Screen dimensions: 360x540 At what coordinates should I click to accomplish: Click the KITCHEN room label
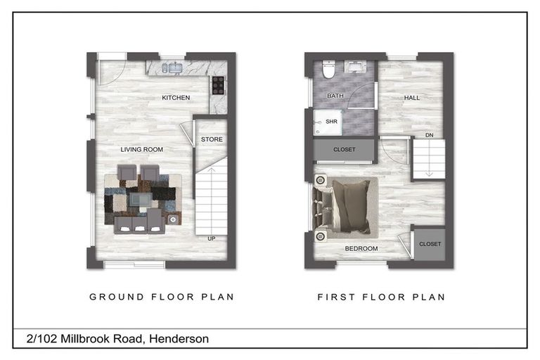click(x=176, y=98)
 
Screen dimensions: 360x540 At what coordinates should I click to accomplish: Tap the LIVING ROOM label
click(x=141, y=149)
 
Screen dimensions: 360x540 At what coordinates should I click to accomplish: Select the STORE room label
click(x=212, y=139)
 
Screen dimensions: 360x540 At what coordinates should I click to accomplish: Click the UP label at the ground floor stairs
click(x=211, y=238)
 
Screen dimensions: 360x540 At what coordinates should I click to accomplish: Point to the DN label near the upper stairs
click(x=429, y=136)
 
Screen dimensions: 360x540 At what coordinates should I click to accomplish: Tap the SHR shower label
click(x=332, y=122)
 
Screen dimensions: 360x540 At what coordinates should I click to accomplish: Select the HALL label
click(x=412, y=98)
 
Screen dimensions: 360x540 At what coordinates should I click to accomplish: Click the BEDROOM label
click(x=361, y=249)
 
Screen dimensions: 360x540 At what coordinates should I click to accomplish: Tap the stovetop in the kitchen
click(x=218, y=85)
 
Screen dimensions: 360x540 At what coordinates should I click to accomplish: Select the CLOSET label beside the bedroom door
click(x=430, y=244)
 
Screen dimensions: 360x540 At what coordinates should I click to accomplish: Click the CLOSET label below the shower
click(x=344, y=150)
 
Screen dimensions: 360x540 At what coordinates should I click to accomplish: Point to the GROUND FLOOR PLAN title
click(x=162, y=297)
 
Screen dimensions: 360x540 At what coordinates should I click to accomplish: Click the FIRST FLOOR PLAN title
click(x=381, y=297)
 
